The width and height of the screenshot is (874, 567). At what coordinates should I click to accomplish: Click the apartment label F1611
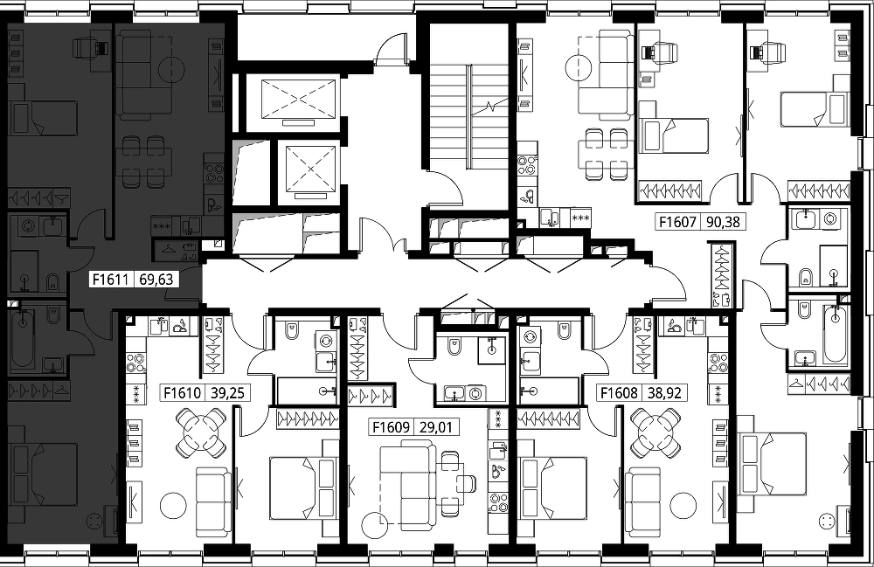pyautogui.click(x=110, y=279)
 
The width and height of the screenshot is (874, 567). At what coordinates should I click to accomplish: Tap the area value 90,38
pyautogui.click(x=723, y=222)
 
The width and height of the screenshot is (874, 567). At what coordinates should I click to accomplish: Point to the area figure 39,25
pyautogui.click(x=228, y=393)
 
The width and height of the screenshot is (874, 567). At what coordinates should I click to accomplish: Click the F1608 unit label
pyautogui.click(x=619, y=393)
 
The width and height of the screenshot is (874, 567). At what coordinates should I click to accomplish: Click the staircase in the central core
pyautogui.click(x=469, y=116)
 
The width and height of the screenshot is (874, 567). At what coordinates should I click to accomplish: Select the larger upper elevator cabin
pyautogui.click(x=299, y=99)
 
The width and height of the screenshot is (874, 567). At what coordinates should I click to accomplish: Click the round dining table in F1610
pyautogui.click(x=201, y=432)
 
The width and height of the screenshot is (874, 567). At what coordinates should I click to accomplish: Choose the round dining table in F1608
pyautogui.click(x=656, y=432)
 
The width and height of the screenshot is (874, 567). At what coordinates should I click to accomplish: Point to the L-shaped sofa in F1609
pyautogui.click(x=407, y=483)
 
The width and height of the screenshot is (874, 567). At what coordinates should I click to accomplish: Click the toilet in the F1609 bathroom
pyautogui.click(x=455, y=348)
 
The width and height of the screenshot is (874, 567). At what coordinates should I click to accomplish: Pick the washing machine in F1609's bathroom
pyautogui.click(x=475, y=393)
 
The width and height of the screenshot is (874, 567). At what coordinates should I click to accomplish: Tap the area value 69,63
pyautogui.click(x=156, y=279)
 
